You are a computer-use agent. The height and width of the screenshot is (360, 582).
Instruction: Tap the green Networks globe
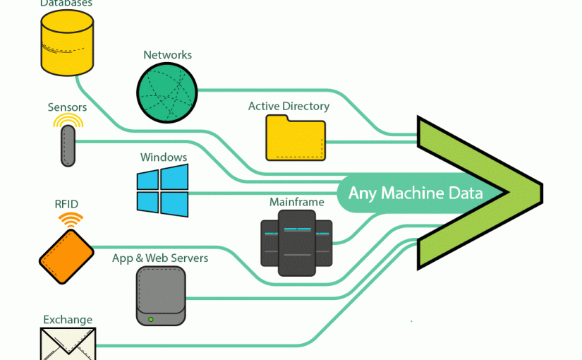(167, 92)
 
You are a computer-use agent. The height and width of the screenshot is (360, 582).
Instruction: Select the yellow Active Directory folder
(296, 138)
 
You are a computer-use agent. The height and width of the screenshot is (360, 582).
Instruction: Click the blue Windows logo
(163, 191)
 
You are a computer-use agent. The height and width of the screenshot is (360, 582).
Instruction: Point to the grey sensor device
(67, 145)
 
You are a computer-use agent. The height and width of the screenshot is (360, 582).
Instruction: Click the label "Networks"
(167, 55)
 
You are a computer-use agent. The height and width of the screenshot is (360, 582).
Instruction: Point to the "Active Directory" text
(289, 107)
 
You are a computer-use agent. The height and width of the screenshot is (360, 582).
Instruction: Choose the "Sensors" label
(67, 107)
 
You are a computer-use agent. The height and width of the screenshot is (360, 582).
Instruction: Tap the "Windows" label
(164, 157)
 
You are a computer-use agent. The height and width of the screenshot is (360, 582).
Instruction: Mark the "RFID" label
(66, 205)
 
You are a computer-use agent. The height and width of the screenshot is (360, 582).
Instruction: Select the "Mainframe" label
(296, 203)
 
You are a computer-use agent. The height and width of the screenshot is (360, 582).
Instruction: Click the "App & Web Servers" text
(160, 258)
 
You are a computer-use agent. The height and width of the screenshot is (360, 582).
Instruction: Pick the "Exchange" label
(68, 320)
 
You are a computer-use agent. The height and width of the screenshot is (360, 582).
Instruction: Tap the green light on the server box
(151, 319)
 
